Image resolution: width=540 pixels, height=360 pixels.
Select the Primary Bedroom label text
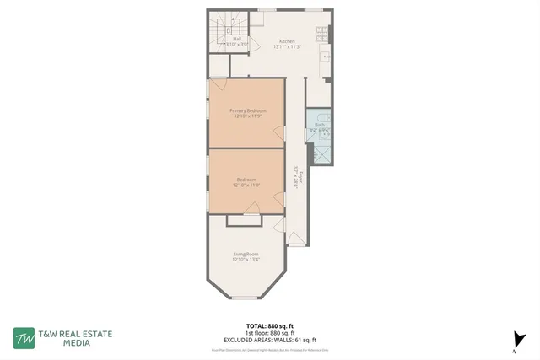pyautogui.click(x=247, y=110)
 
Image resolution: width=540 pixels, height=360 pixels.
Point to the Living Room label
pyautogui.click(x=246, y=254)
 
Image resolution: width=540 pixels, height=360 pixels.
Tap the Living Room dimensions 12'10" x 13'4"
pyautogui.click(x=246, y=259)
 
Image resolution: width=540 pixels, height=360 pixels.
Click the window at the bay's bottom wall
pyautogui.click(x=246, y=298)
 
